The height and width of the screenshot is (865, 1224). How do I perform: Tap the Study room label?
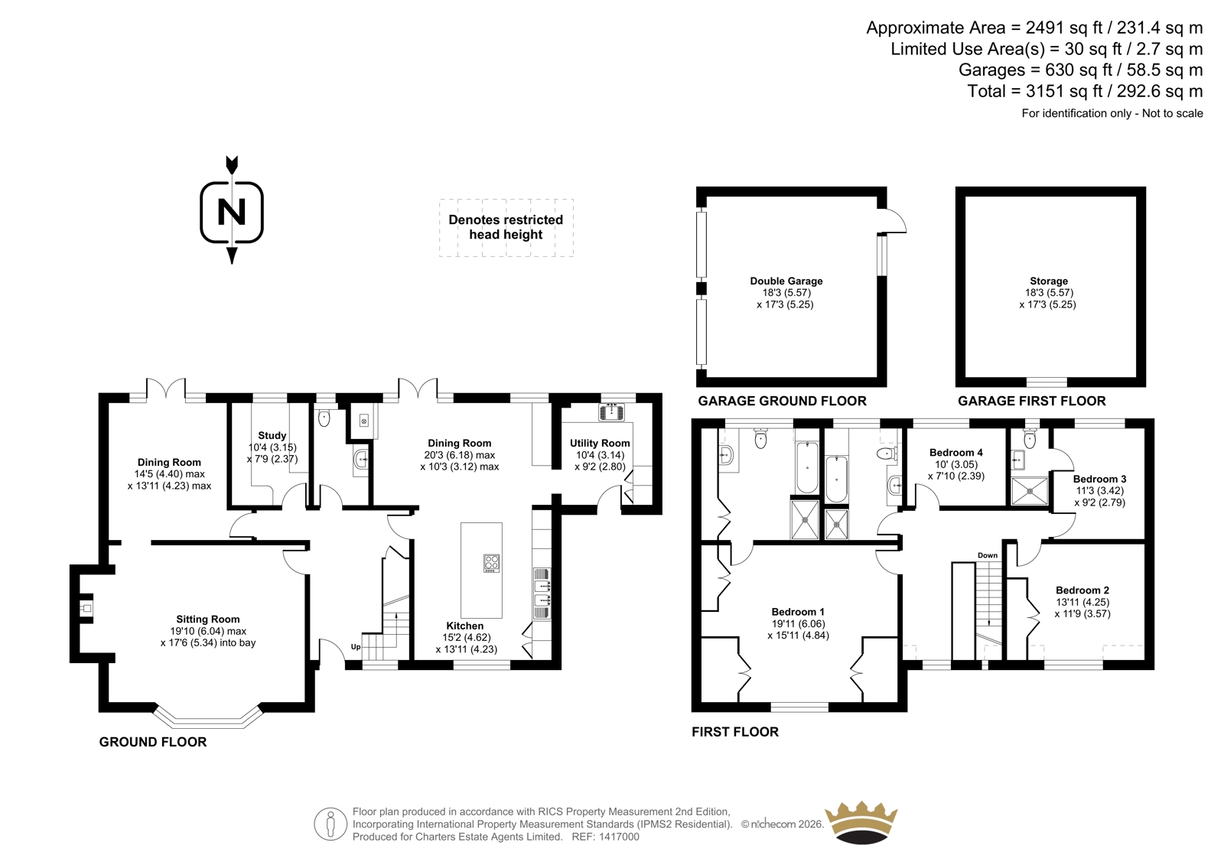(x=272, y=435)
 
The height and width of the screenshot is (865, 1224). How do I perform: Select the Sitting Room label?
(x=207, y=619)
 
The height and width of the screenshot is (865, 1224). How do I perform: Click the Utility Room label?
(x=600, y=443)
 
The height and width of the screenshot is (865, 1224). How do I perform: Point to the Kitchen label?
(x=465, y=626)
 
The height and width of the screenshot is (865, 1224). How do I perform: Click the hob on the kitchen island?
(x=491, y=564)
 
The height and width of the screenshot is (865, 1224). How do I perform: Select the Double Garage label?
(x=786, y=281)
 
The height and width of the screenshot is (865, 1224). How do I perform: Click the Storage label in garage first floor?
(x=1049, y=281)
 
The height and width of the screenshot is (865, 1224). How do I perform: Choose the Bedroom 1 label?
(x=799, y=612)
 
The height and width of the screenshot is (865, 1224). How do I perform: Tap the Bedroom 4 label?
(x=956, y=453)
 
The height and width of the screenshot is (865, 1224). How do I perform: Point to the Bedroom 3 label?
(x=1100, y=479)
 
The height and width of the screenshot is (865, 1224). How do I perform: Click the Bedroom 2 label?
(x=1082, y=590)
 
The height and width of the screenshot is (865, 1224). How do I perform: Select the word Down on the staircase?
(x=988, y=555)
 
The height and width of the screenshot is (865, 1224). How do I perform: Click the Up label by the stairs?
(x=356, y=647)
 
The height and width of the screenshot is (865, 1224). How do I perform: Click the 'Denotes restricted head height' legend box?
(x=506, y=227)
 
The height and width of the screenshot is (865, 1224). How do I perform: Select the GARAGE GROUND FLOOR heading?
(x=783, y=401)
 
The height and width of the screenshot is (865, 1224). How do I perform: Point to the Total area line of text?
(x=1086, y=91)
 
